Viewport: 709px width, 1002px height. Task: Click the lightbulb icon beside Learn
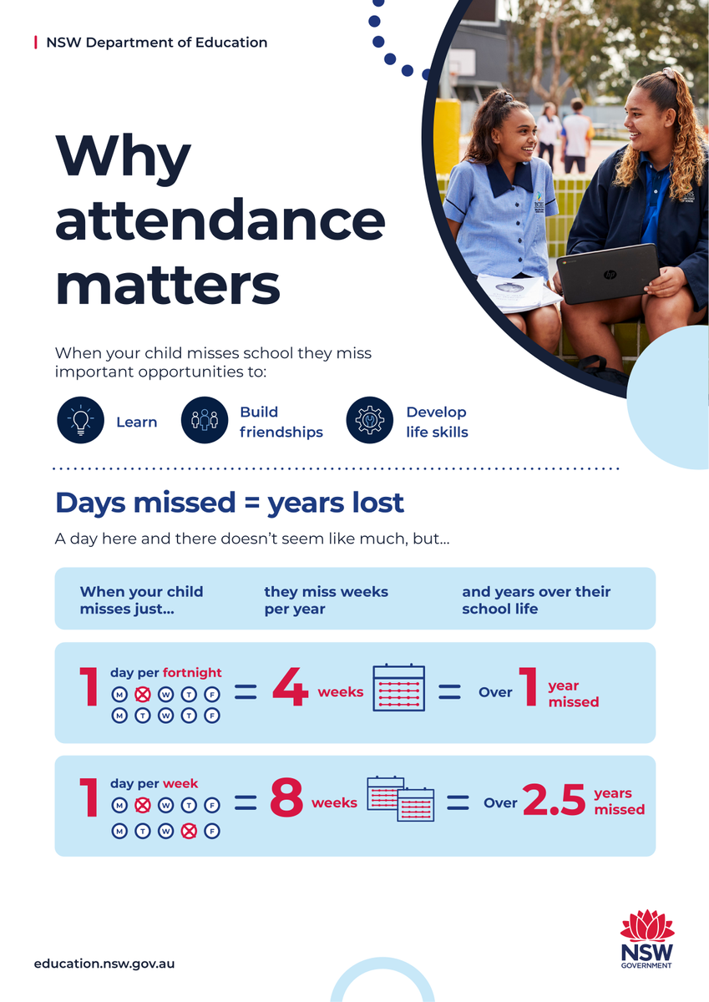tap(80, 420)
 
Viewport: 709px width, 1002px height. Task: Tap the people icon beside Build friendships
tap(205, 420)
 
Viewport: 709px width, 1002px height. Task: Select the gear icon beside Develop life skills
tap(369, 420)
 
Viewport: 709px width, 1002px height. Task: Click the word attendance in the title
tap(220, 220)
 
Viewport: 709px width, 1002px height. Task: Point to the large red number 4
tap(290, 691)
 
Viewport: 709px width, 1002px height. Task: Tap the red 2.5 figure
tap(555, 802)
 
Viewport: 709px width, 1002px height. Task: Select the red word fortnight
tap(192, 672)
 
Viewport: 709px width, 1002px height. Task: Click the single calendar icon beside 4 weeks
tap(398, 688)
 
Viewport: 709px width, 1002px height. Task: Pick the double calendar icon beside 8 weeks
tap(401, 798)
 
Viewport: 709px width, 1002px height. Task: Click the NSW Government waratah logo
tap(646, 939)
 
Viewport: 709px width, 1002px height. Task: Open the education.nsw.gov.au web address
tap(104, 963)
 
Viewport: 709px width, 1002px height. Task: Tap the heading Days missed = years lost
tap(230, 503)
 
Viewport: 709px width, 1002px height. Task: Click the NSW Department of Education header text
tap(157, 42)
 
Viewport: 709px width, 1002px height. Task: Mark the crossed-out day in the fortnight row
tap(143, 694)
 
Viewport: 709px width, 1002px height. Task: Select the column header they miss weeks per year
tap(326, 600)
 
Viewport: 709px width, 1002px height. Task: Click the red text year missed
tap(573, 694)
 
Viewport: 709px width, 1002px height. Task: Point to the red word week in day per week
tap(180, 784)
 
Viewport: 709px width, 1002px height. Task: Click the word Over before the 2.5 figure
tap(500, 803)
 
